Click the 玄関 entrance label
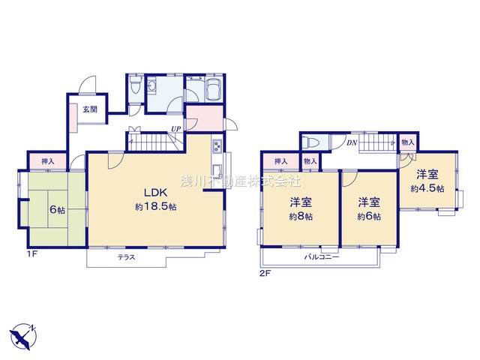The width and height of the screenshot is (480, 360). click(90, 109)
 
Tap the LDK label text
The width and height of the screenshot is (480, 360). click(156, 193)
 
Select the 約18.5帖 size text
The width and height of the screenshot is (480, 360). click(156, 207)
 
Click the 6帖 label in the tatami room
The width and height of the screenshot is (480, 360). click(57, 210)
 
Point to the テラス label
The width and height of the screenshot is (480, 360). click(127, 257)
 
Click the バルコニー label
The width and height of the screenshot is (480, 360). click(322, 256)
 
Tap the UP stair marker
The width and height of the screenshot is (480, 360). click(176, 128)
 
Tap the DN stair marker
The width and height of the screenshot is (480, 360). click(352, 142)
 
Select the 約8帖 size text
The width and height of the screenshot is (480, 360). click(301, 217)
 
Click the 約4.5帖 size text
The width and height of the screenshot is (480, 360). click(427, 188)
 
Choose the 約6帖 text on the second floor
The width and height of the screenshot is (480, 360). click(369, 217)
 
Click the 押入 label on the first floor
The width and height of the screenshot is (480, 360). click(47, 161)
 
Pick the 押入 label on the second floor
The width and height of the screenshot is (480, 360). click(280, 161)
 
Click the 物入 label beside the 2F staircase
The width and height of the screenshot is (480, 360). click(408, 142)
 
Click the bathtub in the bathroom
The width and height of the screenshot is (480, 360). click(214, 88)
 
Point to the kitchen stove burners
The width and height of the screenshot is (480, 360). click(217, 145)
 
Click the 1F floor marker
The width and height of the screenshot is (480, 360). click(31, 253)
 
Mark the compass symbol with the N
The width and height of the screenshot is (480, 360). click(23, 337)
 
